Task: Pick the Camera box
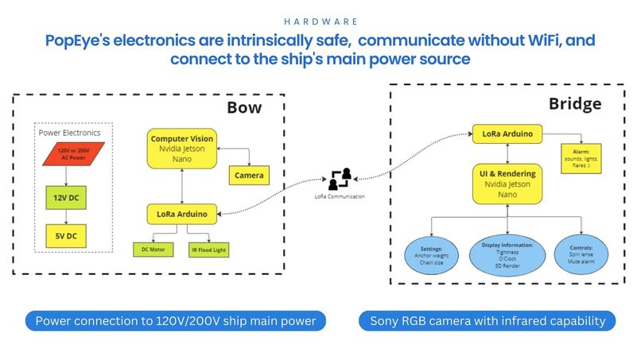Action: click(248, 174)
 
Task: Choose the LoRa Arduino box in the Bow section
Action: click(183, 213)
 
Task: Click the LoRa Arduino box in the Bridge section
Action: click(507, 134)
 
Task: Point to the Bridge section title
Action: click(574, 103)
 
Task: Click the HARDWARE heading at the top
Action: click(320, 21)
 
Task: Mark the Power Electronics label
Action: click(73, 132)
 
